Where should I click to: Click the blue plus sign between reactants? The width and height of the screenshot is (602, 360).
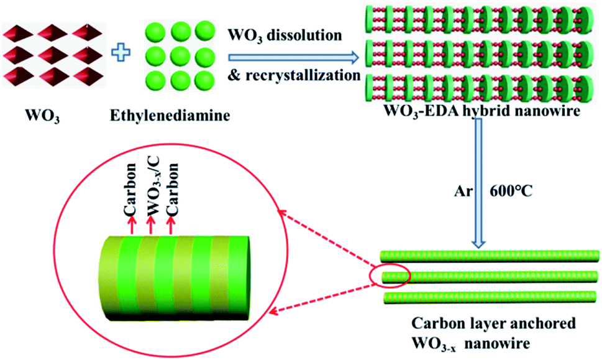121,53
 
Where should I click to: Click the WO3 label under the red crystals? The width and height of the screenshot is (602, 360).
42,116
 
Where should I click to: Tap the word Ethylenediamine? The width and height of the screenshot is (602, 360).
170,115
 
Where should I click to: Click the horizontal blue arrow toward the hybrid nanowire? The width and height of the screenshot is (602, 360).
294,58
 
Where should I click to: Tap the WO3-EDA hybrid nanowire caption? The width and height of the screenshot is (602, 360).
482,111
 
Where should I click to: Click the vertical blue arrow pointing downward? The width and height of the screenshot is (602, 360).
478,183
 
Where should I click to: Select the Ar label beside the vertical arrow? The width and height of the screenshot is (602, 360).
463,191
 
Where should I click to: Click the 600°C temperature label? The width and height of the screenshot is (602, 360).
511,191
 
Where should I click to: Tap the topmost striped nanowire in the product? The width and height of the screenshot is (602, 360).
490,256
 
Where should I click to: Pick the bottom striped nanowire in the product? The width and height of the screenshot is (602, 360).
490,298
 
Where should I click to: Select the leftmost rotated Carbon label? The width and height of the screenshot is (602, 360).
130,188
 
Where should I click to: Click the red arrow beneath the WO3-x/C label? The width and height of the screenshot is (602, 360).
150,224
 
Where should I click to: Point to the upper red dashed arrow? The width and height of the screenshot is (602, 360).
326,238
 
